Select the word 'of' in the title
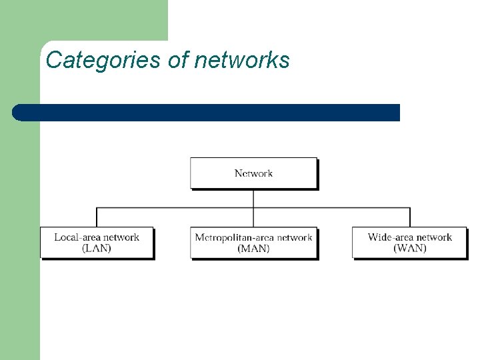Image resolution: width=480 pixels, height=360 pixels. point(178,61)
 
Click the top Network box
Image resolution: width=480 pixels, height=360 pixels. point(253,173)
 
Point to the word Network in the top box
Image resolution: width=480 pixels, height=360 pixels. point(253,173)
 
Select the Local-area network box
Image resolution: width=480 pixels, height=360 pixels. point(97,243)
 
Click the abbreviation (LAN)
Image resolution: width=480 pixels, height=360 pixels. point(97,249)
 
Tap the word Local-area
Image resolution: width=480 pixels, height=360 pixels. point(78,237)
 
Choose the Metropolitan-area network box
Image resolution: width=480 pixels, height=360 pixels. point(253,243)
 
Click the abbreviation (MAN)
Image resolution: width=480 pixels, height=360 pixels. point(253,249)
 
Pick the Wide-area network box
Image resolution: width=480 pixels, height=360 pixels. point(410,243)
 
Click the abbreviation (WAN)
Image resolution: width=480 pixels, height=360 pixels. point(410,249)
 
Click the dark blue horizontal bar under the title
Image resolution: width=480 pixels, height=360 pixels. point(207,113)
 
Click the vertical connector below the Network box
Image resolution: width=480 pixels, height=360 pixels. point(253,198)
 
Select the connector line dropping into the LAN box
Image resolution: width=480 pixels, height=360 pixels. point(97,217)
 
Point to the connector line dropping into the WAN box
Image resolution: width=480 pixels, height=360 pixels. point(410,217)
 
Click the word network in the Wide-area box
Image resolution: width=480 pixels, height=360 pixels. point(435,237)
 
